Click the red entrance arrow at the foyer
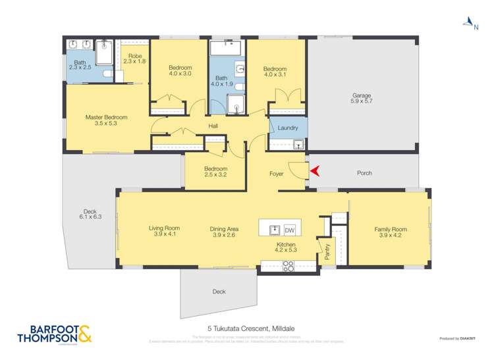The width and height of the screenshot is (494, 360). click(x=314, y=171)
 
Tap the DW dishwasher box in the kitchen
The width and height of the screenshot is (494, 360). click(x=289, y=230)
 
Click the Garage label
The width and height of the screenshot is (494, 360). click(x=362, y=99)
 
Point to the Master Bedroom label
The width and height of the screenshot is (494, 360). click(x=106, y=120)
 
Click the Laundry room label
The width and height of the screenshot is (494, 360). click(x=288, y=128)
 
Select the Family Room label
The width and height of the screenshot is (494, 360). click(x=391, y=232)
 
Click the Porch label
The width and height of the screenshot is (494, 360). click(x=364, y=173)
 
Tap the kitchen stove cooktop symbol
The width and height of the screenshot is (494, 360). click(x=288, y=266)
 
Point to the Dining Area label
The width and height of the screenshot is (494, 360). click(x=224, y=231)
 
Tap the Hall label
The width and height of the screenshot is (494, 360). click(x=213, y=126)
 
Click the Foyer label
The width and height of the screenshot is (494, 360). click(x=277, y=174)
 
